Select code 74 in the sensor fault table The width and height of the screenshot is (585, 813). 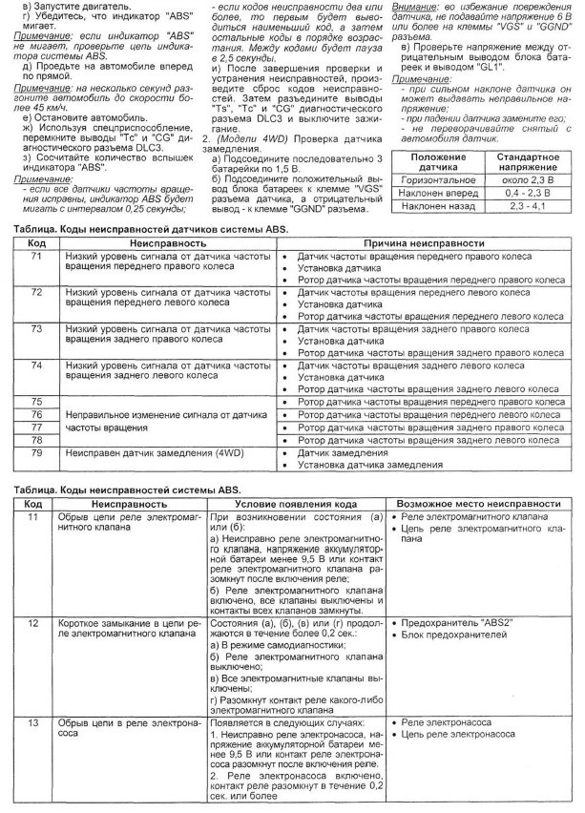(36, 365)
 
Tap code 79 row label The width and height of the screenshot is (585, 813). (36, 453)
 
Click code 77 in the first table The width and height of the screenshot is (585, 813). (36, 427)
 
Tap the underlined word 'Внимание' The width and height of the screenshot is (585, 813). (413, 7)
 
